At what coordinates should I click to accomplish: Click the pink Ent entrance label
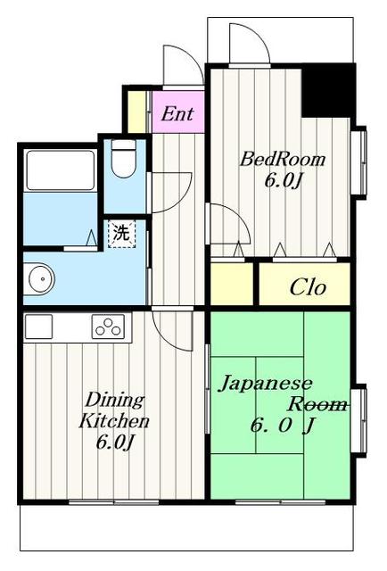(x=177, y=113)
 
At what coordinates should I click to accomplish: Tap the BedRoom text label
(x=282, y=159)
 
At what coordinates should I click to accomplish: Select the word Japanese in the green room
(x=266, y=385)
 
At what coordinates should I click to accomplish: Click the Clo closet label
(x=308, y=287)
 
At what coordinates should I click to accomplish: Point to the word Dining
(x=115, y=401)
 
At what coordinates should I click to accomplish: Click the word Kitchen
(x=114, y=420)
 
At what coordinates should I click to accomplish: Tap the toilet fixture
(x=124, y=159)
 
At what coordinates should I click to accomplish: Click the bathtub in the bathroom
(x=61, y=170)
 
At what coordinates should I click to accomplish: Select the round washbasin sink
(x=41, y=279)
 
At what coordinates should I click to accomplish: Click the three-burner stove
(x=108, y=327)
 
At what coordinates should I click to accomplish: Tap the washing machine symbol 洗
(x=121, y=234)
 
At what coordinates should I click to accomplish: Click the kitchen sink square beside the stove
(x=38, y=327)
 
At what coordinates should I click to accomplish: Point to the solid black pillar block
(x=328, y=90)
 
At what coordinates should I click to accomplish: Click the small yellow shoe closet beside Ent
(x=137, y=112)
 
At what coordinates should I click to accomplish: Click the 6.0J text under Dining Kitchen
(x=115, y=442)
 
